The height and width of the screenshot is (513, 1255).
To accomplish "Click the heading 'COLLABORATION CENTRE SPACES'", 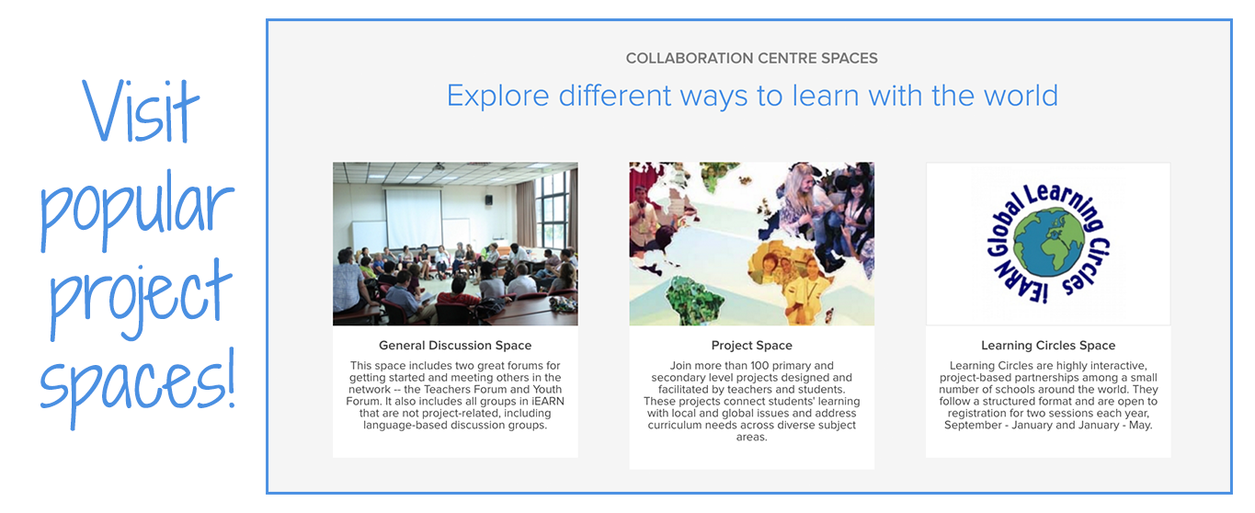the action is [x=751, y=58].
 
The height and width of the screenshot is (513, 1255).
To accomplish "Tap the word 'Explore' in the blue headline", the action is [x=497, y=96].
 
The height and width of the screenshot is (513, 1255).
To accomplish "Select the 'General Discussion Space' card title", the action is [x=455, y=345].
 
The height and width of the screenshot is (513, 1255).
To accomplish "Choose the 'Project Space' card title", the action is [x=751, y=345].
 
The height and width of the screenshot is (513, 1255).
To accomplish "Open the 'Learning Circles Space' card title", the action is [x=1048, y=345].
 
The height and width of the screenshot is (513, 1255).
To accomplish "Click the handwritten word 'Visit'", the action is [x=140, y=111].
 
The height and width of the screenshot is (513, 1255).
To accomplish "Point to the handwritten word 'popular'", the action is [x=137, y=210].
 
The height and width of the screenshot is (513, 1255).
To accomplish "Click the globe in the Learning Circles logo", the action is [x=1048, y=242].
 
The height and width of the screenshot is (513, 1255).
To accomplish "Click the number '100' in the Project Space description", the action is [x=760, y=366].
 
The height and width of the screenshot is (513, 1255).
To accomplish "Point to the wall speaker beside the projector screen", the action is [x=489, y=199].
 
